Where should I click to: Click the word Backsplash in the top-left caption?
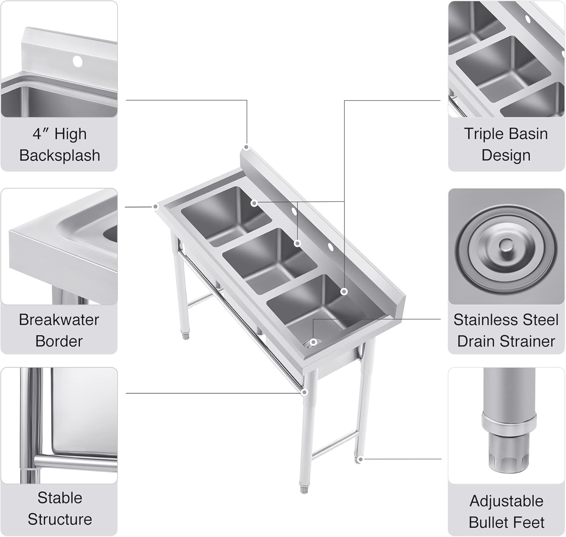click(x=60, y=155)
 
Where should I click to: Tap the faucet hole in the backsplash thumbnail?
click(x=77, y=61)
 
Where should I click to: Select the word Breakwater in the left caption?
click(x=59, y=320)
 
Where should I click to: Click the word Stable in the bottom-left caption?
click(x=60, y=498)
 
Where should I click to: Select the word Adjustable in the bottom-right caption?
click(x=506, y=501)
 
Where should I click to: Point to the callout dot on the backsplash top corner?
click(x=246, y=147)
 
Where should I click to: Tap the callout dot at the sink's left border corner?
click(x=155, y=207)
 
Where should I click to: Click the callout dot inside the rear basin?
click(x=254, y=203)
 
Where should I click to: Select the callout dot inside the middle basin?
click(x=297, y=243)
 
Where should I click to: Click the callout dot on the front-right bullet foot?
click(x=360, y=459)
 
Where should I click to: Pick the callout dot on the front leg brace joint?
click(x=305, y=393)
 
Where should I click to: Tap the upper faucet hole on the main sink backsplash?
click(x=294, y=211)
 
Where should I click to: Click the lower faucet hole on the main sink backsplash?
click(x=330, y=247)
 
